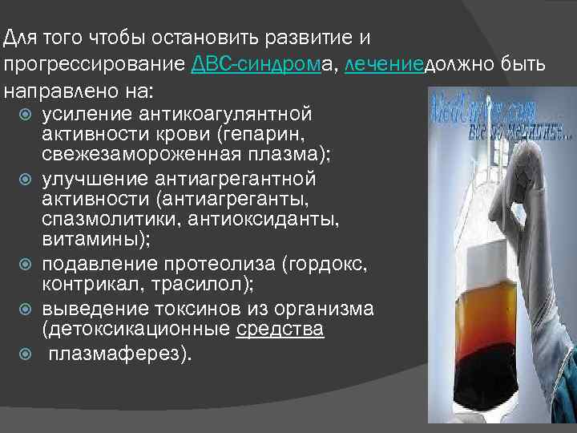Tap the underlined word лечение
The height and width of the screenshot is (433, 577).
[382, 64]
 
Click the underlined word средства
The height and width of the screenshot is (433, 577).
[280, 329]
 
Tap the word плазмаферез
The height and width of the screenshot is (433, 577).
[120, 354]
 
